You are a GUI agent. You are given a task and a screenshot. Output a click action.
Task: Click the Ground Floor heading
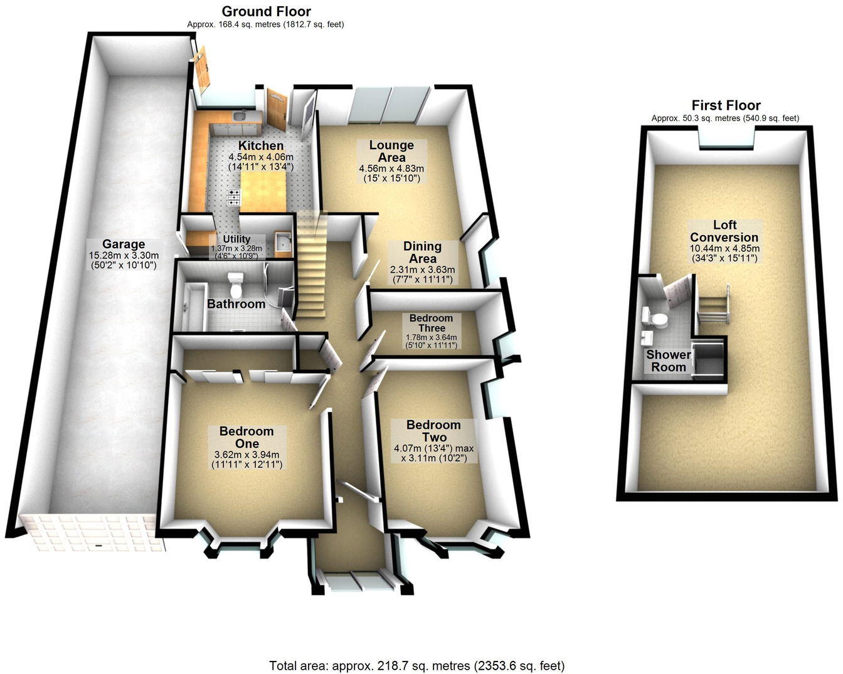(266, 11)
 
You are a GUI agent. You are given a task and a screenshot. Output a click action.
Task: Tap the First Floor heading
(726, 105)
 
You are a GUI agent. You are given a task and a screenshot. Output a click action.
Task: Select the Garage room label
(124, 244)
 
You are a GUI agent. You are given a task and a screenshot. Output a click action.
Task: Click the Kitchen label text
(261, 145)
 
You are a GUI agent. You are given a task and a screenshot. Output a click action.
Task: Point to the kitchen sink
(238, 116)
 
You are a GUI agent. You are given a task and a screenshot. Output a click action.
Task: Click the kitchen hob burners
(233, 197)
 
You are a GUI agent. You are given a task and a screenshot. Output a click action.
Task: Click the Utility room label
(236, 239)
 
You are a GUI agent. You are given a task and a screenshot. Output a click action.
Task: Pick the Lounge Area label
(391, 151)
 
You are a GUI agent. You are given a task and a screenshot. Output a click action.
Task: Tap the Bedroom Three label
(432, 323)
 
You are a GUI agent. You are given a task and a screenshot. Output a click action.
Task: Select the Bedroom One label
(247, 437)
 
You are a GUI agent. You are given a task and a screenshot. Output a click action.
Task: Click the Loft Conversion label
(724, 231)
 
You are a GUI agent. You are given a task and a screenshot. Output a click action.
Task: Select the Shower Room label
(669, 361)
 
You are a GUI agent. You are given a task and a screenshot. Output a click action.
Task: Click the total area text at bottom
(417, 665)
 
